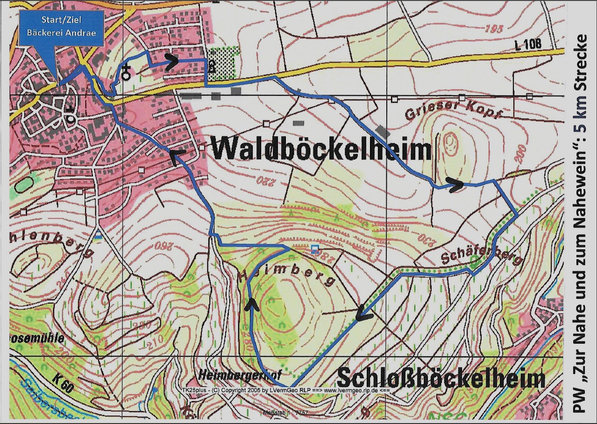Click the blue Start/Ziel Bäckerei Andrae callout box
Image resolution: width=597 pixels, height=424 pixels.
click(61, 28)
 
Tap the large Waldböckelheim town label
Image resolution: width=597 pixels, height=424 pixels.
click(321, 149)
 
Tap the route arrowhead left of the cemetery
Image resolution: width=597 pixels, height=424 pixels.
click(171, 60)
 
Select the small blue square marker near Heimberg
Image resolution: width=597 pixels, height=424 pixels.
click(315, 248)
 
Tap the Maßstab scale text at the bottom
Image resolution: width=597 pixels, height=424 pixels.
click(284, 413)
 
